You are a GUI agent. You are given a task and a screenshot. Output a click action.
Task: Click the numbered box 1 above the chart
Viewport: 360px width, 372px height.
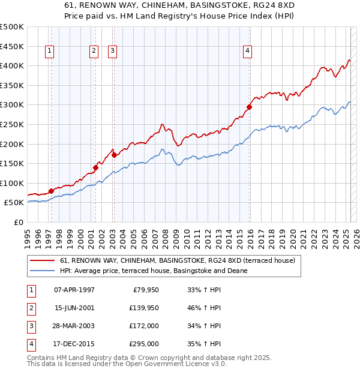point(49,52)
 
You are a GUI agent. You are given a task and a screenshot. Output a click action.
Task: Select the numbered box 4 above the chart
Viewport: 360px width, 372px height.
point(247,52)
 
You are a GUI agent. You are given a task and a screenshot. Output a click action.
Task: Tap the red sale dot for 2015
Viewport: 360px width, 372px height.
point(248,107)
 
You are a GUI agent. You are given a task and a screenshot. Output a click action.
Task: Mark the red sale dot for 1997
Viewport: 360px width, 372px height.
point(51,191)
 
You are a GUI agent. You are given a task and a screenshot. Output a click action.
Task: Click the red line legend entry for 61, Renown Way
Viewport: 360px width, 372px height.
point(177,261)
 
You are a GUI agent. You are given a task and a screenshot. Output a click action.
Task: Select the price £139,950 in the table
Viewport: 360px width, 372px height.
point(143,308)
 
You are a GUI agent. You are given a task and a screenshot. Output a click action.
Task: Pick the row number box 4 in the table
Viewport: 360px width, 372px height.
point(31,344)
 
